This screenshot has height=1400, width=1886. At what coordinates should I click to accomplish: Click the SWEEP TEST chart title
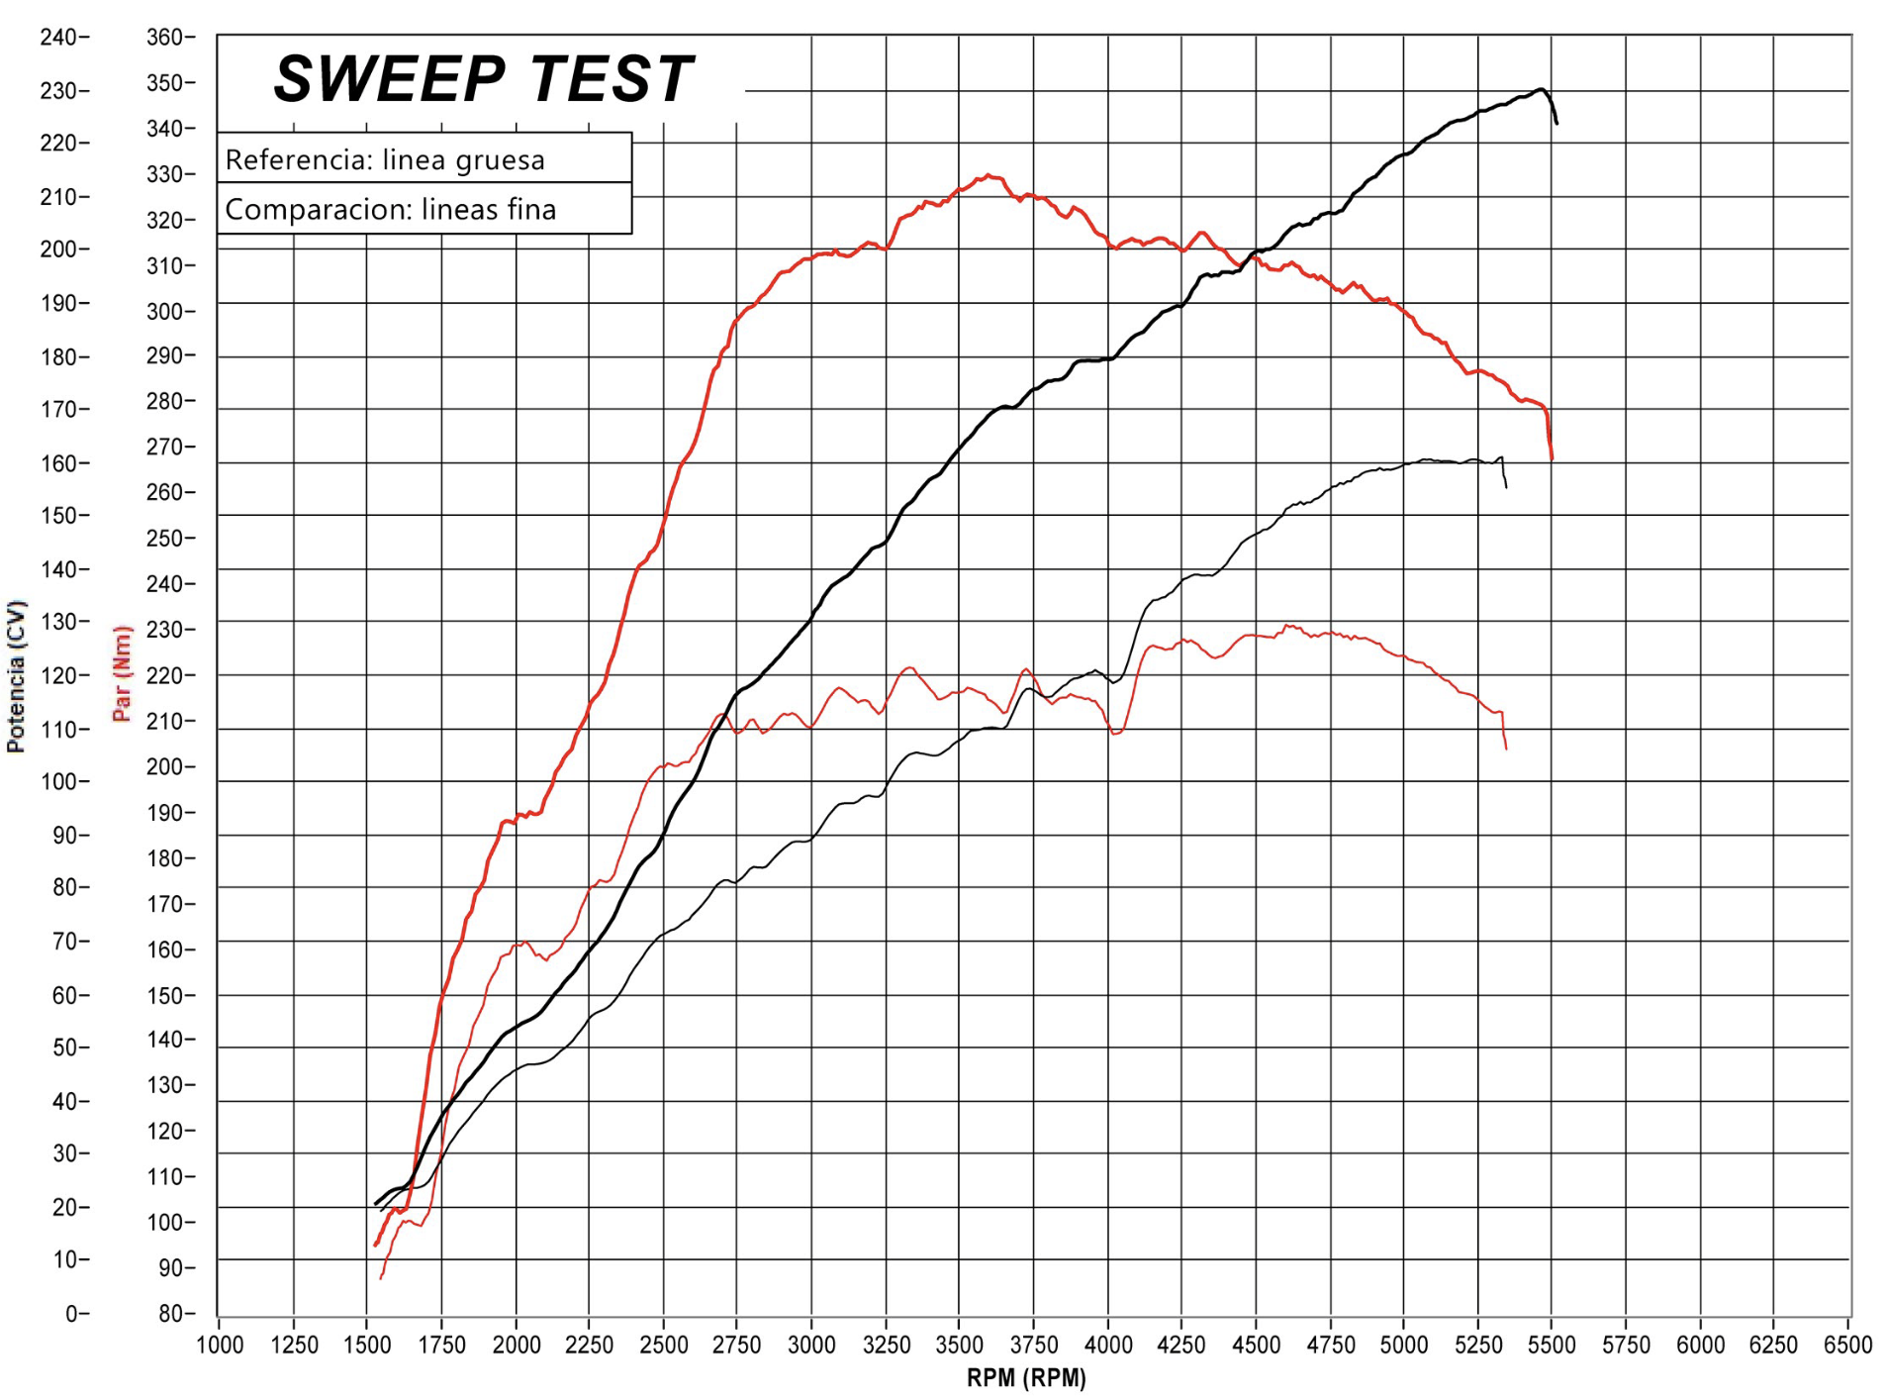[483, 79]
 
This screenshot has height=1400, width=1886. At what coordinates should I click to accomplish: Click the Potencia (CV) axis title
[16, 676]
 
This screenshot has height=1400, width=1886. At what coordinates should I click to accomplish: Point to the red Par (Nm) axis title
[122, 673]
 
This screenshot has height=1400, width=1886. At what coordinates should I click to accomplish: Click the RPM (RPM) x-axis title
[1026, 1377]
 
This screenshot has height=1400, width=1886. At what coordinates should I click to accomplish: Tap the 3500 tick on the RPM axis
[958, 1345]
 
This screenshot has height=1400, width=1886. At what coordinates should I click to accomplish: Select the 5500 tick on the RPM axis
[1551, 1345]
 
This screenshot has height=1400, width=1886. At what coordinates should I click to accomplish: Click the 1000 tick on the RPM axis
[220, 1345]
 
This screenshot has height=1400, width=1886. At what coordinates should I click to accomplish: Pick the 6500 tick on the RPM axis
[1847, 1345]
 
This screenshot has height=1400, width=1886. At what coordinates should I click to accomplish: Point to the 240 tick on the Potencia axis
[58, 38]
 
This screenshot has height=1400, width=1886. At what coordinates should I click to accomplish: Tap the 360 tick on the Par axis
[165, 38]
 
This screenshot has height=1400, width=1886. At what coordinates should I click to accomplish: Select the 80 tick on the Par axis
[170, 1314]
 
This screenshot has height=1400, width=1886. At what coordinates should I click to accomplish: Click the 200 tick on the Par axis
[165, 767]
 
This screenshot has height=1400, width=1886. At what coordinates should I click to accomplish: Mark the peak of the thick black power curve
[1540, 90]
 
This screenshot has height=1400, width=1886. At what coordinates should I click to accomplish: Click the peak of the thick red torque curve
[990, 176]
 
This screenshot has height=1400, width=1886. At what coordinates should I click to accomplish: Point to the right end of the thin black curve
[1506, 487]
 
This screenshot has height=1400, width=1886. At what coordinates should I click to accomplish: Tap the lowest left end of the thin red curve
[381, 1278]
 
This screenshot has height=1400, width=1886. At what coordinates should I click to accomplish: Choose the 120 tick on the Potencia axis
[58, 676]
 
